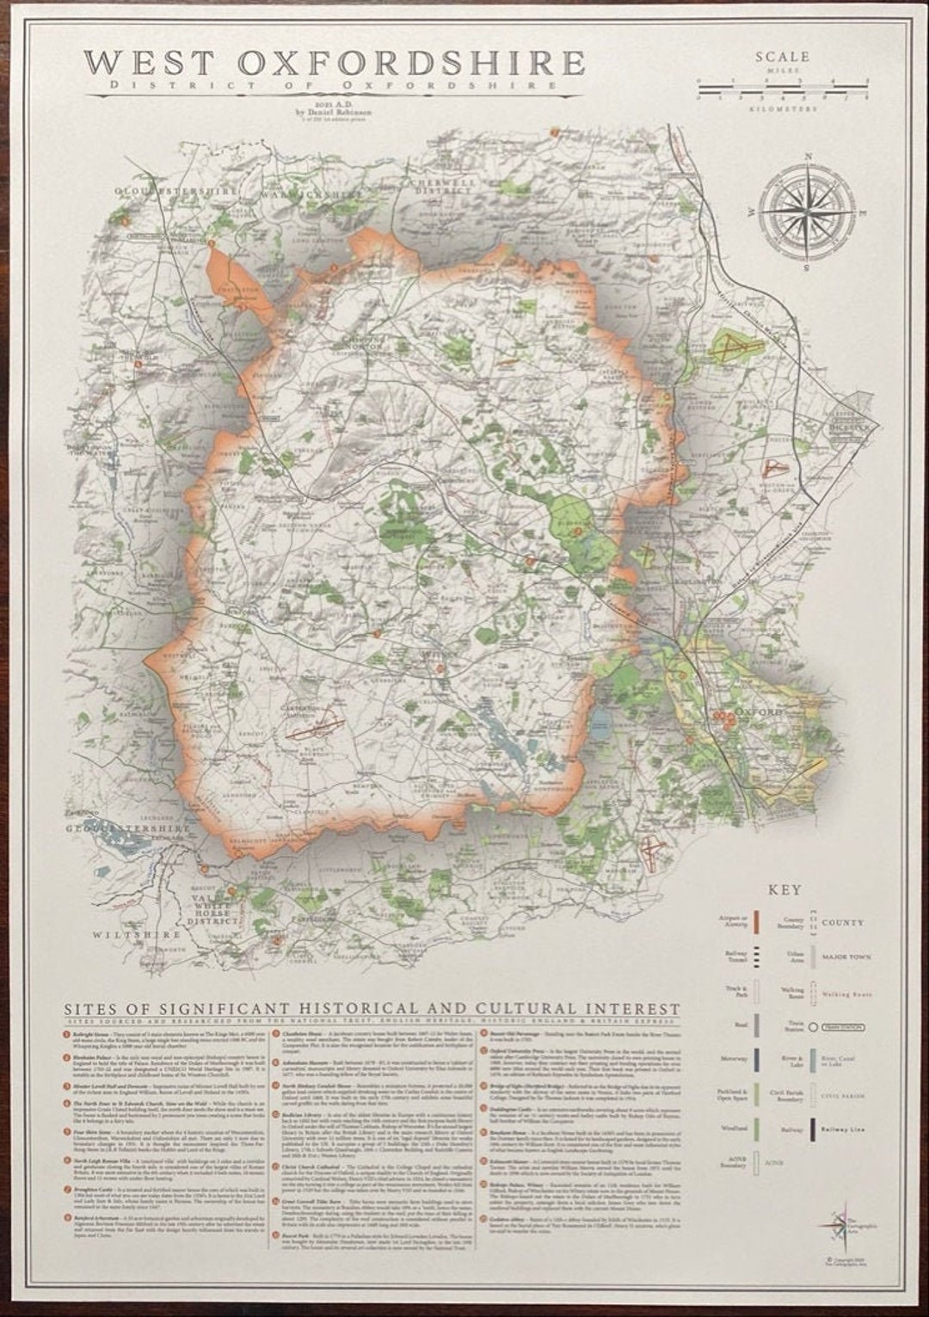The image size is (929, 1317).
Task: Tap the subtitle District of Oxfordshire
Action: pos(335,86)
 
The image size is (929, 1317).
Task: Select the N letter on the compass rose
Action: pos(809,157)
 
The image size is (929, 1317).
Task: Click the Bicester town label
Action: pos(847,425)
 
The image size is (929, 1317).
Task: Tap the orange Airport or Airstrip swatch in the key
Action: pos(754,921)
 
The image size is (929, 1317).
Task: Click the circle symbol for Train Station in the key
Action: pos(814,1027)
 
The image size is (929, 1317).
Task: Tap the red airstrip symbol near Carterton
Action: pos(310,731)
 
